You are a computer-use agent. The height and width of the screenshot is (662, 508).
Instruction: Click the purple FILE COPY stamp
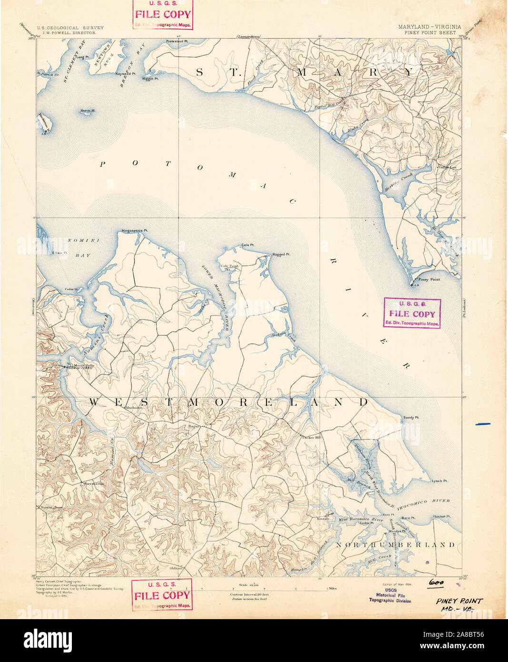pyautogui.click(x=412, y=313)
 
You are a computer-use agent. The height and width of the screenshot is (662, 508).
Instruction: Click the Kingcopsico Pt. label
pyautogui.click(x=135, y=231)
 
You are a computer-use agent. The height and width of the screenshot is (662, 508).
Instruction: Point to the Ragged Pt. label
pyautogui.click(x=281, y=254)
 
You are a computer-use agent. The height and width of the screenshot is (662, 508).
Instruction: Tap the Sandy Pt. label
pyautogui.click(x=411, y=417)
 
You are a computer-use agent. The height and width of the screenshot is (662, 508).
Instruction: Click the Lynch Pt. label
pyautogui.click(x=439, y=481)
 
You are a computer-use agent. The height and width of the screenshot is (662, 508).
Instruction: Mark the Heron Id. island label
pyautogui.click(x=88, y=110)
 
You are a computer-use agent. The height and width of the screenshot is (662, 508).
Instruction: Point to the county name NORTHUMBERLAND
pyautogui.click(x=396, y=544)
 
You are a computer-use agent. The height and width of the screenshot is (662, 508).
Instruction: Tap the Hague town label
pyautogui.click(x=193, y=425)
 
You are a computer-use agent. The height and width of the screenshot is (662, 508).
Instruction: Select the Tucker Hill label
pyautogui.click(x=312, y=437)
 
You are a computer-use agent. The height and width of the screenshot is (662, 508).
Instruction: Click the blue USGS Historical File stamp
pyautogui.click(x=390, y=595)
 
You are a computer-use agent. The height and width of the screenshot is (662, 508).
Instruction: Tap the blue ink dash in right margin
pyautogui.click(x=483, y=423)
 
